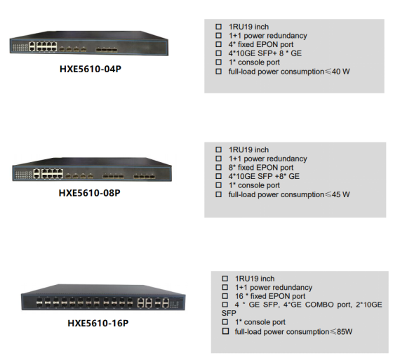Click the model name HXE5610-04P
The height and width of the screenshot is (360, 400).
click(91, 69)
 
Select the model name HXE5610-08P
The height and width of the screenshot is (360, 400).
click(90, 193)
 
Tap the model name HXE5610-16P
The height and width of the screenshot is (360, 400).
click(98, 323)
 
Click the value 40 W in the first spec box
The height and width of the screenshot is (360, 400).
click(341, 72)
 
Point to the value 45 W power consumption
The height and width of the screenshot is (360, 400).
click(341, 194)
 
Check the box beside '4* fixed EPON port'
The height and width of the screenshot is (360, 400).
click(219, 44)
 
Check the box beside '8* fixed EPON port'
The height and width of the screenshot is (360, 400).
click(219, 168)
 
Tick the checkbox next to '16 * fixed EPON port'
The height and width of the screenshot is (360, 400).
click(225, 296)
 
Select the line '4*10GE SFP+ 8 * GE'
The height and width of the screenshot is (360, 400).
click(265, 53)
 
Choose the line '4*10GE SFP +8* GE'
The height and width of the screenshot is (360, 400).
click(264, 176)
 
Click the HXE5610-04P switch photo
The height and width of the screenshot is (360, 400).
click(89, 43)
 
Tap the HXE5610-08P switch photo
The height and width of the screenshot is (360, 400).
click(92, 169)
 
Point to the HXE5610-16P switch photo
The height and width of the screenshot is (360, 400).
click(103, 297)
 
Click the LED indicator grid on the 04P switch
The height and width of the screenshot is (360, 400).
click(20, 47)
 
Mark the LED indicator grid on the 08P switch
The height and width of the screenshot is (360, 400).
click(24, 174)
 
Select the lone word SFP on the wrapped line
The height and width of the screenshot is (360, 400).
click(229, 313)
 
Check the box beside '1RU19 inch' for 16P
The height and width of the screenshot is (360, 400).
click(225, 279)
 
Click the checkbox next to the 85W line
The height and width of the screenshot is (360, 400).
click(225, 331)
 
